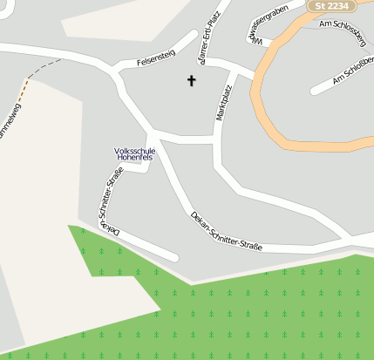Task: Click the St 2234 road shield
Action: point(330,5)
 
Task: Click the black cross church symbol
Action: point(192,81)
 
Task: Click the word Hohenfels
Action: point(134,159)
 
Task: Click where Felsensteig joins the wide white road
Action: point(115,71)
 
